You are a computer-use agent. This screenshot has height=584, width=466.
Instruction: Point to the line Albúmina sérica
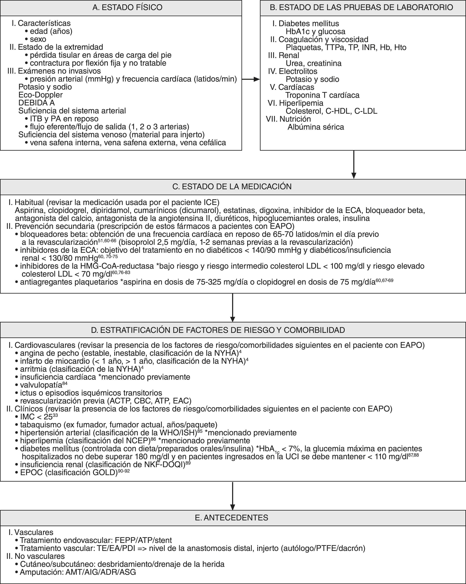[316, 127]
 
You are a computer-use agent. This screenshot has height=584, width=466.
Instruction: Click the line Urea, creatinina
[313, 63]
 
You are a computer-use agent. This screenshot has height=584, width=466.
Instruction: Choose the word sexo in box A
[38, 39]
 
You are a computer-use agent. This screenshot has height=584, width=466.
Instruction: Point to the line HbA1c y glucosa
[315, 32]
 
